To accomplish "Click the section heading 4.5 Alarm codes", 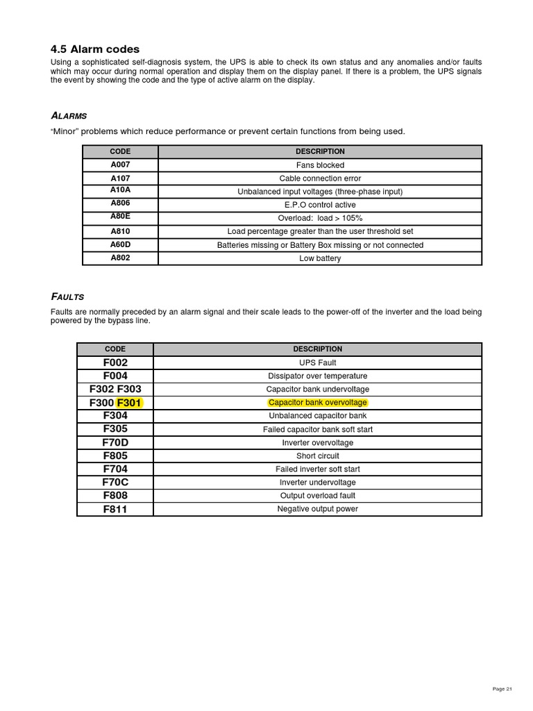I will pyautogui.click(x=95, y=49).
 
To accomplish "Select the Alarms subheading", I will pyautogui.click(x=69, y=115).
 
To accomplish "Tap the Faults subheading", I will pyautogui.click(x=67, y=297).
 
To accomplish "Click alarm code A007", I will pyautogui.click(x=120, y=165).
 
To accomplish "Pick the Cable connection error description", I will pyautogui.click(x=320, y=178).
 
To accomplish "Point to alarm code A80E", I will pyautogui.click(x=120, y=217).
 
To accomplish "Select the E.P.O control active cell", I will pyautogui.click(x=320, y=205).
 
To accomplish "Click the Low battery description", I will pyautogui.click(x=320, y=258).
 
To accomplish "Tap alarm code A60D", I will pyautogui.click(x=120, y=244).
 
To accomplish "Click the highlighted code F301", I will pyautogui.click(x=129, y=403).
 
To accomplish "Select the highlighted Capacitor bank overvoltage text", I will pyautogui.click(x=317, y=403).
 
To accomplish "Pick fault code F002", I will pyautogui.click(x=115, y=362).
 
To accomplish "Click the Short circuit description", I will pyautogui.click(x=317, y=456).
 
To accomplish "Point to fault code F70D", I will pyautogui.click(x=115, y=442).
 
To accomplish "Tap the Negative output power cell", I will pyautogui.click(x=317, y=509).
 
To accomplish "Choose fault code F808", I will pyautogui.click(x=115, y=496).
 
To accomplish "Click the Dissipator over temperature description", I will pyautogui.click(x=317, y=376).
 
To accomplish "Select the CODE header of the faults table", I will pyautogui.click(x=115, y=349).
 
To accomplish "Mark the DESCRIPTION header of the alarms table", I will pyautogui.click(x=320, y=151).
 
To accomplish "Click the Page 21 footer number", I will pyautogui.click(x=502, y=689).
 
